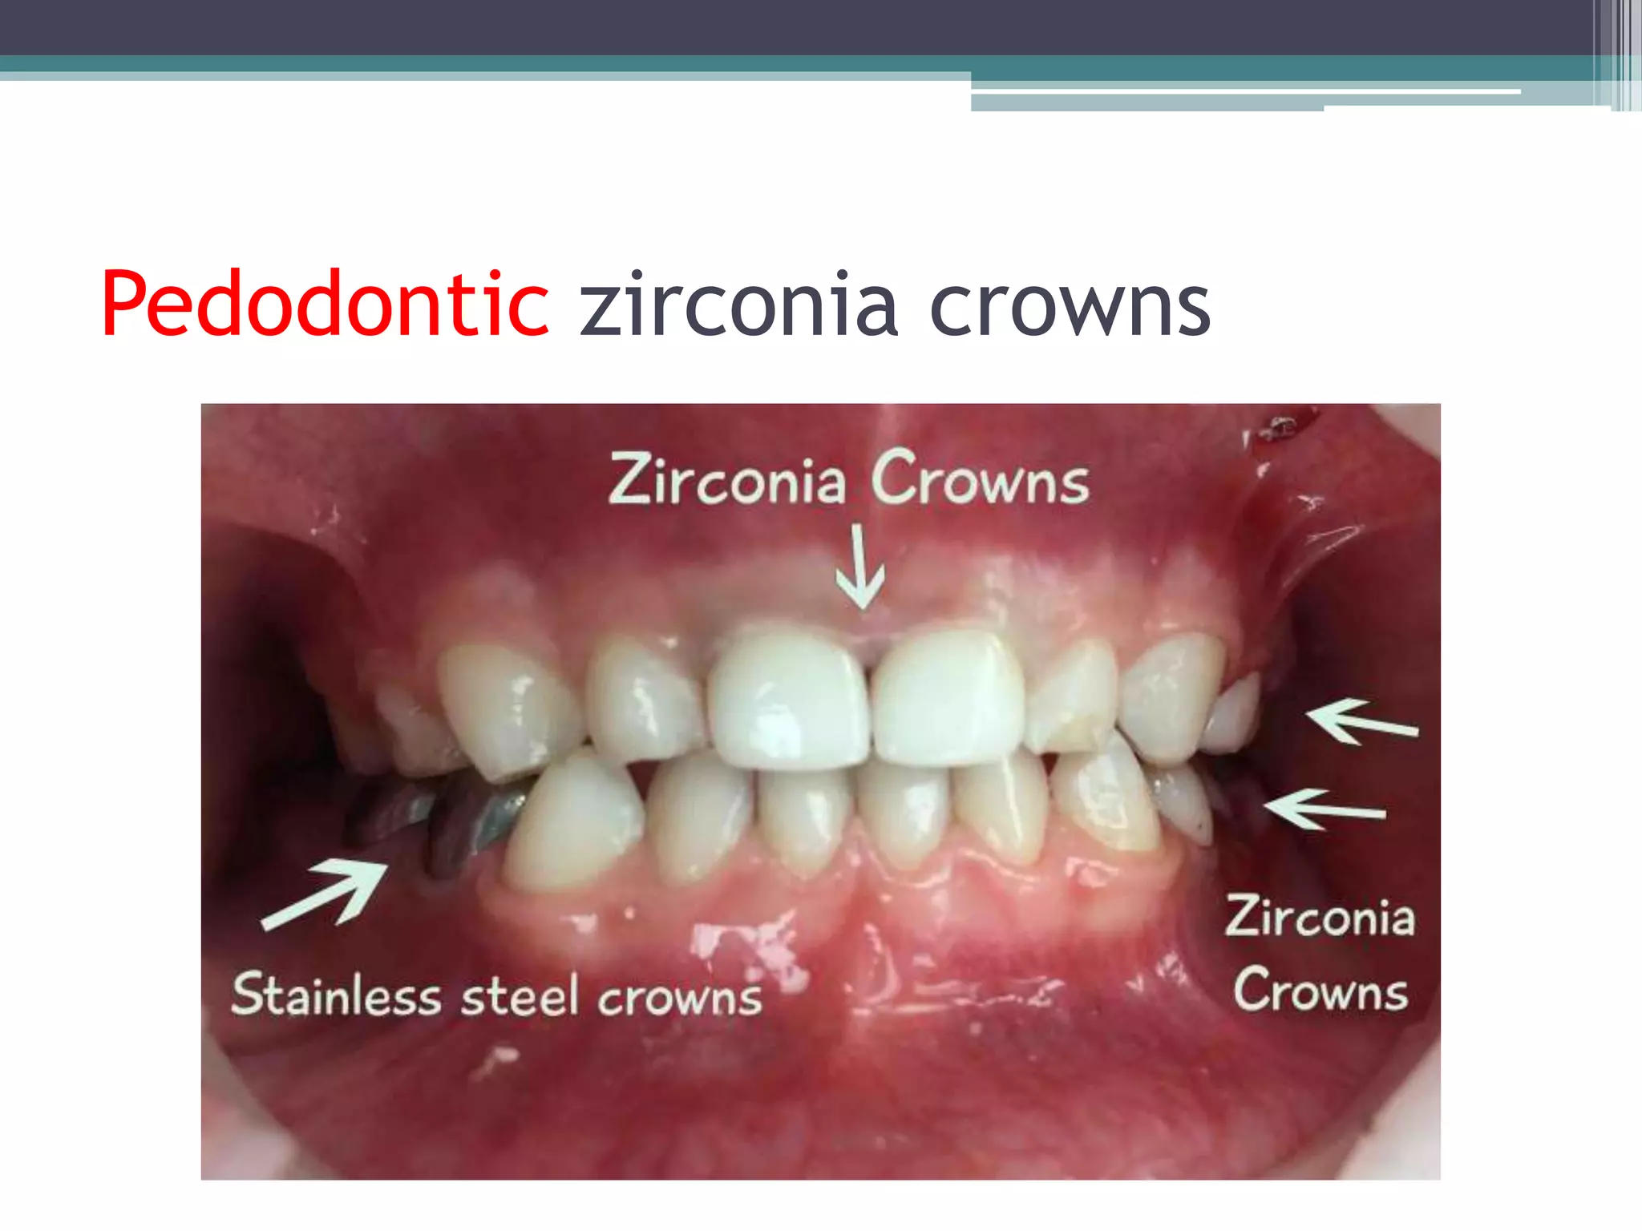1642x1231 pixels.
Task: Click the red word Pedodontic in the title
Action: (325, 305)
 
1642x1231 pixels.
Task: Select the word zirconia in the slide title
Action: (738, 305)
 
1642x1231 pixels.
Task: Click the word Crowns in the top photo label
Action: (980, 479)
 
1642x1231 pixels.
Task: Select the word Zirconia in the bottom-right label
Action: (1320, 918)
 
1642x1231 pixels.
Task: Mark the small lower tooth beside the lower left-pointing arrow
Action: (1185, 801)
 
